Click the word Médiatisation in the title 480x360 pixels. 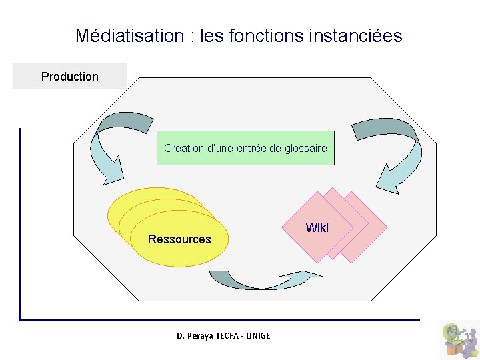coord(130,35)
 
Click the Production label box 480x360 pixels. coord(69,77)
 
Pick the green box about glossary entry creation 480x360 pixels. coord(245,148)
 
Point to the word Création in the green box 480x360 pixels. coord(184,148)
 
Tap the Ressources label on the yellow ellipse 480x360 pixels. coord(179,239)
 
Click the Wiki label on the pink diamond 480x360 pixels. coord(317,228)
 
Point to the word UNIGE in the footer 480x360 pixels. coord(258,335)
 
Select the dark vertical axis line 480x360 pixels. coord(21,220)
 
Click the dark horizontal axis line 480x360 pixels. coord(220,320)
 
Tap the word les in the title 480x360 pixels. coord(211,35)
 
